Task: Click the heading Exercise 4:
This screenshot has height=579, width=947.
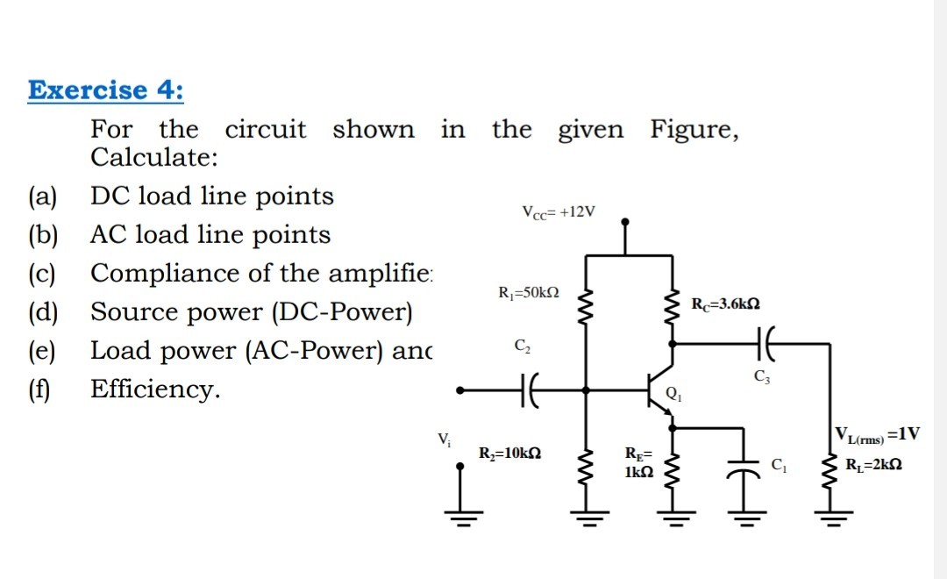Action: click(106, 90)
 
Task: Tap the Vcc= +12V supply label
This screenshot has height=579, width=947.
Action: click(558, 211)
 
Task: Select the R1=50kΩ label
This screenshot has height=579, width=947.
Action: click(529, 292)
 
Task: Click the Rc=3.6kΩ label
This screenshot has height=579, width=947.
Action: click(725, 304)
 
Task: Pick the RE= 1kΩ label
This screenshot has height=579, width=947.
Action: click(637, 462)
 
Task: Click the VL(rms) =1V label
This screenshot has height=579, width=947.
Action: click(877, 434)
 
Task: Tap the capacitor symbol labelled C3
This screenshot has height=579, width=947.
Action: click(759, 345)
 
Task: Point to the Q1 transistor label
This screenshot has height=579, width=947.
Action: click(674, 394)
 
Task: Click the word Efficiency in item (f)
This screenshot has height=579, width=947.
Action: click(154, 389)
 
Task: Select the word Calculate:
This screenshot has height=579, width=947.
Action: click(154, 158)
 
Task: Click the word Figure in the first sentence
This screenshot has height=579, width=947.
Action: click(694, 130)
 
